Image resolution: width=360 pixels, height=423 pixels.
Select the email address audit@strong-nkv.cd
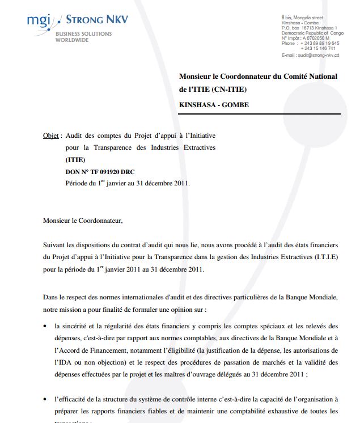[x=319, y=55]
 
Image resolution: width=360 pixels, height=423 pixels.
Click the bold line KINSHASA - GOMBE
[x=214, y=105]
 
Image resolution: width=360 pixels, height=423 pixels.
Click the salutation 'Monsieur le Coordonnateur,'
[x=82, y=219]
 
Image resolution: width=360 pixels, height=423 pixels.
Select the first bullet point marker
[x=45, y=326]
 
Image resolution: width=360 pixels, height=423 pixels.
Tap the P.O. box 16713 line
[x=309, y=28]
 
